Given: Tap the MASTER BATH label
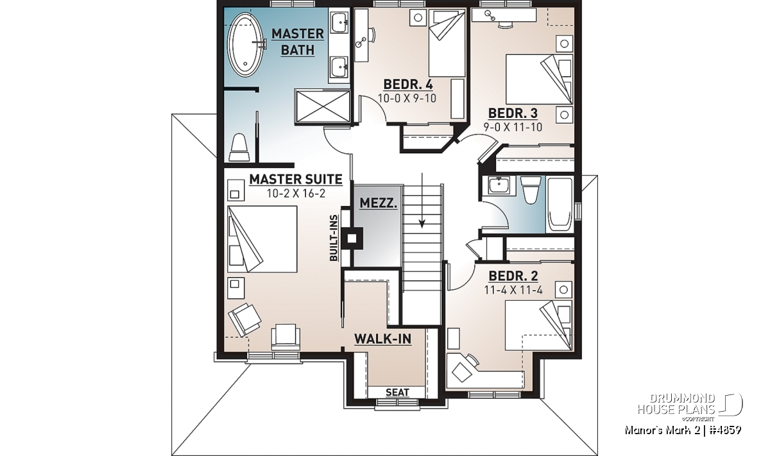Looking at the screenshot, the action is (x=298, y=42).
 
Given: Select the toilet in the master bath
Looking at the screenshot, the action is (x=239, y=147).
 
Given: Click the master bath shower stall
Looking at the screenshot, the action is (x=322, y=106).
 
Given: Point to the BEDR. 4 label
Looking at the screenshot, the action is (x=407, y=84).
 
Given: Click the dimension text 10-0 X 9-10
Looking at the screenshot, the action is (x=407, y=98).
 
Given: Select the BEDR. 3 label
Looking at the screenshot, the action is (x=513, y=113).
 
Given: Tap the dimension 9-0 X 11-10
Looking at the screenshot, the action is (x=513, y=127).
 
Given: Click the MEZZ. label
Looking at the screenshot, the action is (x=378, y=203).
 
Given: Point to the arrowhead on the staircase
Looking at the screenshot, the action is (x=422, y=223).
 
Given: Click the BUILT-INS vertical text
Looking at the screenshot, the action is (x=334, y=238).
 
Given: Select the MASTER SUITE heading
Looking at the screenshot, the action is (x=296, y=179).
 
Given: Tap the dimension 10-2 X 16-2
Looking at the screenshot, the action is (x=296, y=194).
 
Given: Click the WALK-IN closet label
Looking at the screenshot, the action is (x=382, y=339).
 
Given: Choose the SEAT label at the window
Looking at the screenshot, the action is (x=397, y=392).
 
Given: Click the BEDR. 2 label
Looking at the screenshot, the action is (x=513, y=276).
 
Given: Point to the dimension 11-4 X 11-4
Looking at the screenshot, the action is (x=513, y=290).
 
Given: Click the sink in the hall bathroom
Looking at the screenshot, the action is (x=499, y=185).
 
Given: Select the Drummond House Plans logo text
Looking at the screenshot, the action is (x=676, y=404).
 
